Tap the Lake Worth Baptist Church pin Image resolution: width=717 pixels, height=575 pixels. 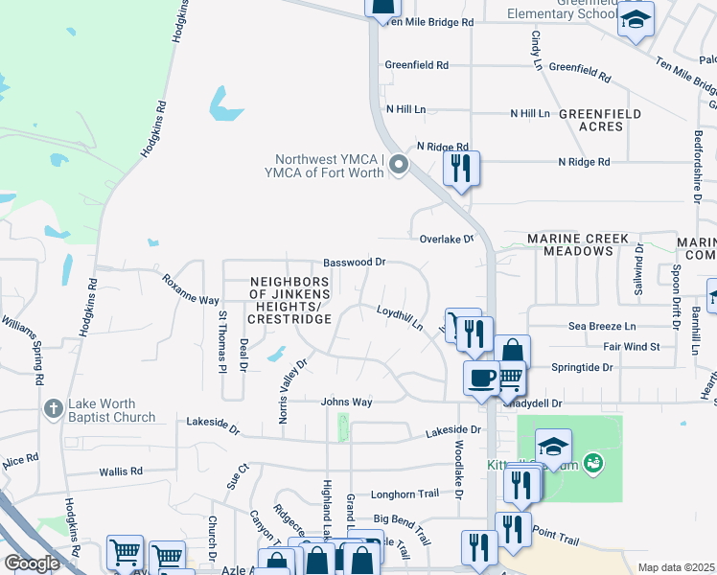[x=53, y=409]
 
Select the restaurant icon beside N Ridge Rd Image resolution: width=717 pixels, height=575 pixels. [x=461, y=169]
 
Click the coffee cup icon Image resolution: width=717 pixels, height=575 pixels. [x=480, y=377]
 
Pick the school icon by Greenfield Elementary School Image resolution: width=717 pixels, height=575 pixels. [x=635, y=20]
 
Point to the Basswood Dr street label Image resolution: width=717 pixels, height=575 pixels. [x=354, y=262]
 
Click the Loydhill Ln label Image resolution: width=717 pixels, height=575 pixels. [x=400, y=318]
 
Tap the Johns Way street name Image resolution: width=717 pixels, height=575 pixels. [x=346, y=402]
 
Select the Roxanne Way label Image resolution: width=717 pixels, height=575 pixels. [x=190, y=289]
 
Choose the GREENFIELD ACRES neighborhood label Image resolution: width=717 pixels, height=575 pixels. [x=600, y=120]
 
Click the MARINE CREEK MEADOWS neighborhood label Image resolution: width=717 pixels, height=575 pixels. [x=577, y=244]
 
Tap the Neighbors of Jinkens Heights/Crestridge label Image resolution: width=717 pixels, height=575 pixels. [x=289, y=300]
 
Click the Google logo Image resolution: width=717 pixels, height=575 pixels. [x=32, y=563]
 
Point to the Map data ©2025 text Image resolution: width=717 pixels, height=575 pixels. [x=676, y=567]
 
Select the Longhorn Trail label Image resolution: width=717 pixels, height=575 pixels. [x=412, y=494]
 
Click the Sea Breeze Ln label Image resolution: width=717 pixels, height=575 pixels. [x=602, y=326]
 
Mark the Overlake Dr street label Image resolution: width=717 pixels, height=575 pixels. [x=447, y=238]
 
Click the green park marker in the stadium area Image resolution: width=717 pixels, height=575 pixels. [x=593, y=464]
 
